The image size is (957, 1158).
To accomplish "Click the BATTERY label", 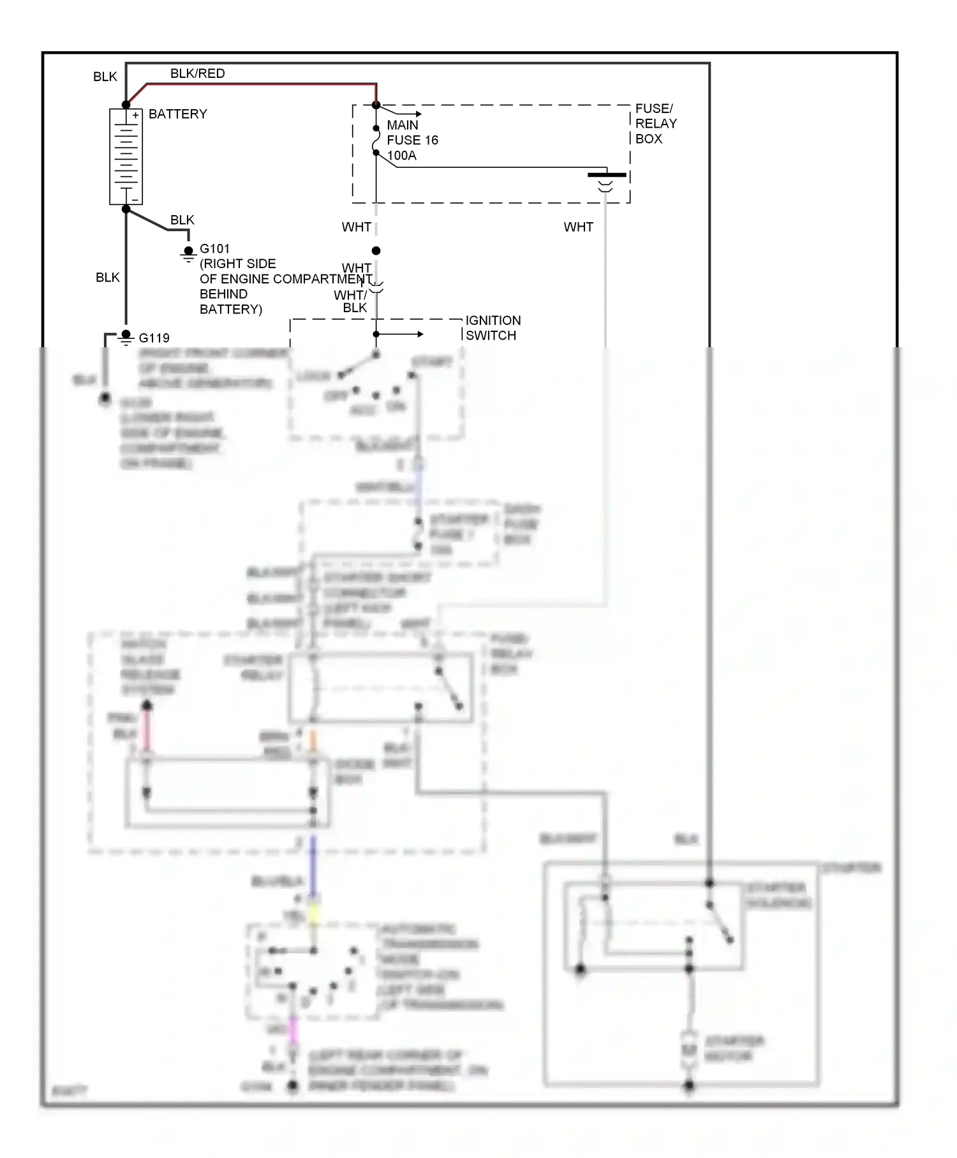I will coord(177,114).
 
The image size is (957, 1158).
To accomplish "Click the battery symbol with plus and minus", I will coord(126,157).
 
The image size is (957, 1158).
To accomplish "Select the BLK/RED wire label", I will coord(197,73).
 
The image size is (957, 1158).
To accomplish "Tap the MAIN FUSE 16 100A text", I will coord(412,140).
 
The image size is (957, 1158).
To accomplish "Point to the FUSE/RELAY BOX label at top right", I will coord(655,124).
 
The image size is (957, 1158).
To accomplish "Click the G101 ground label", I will coord(214,249).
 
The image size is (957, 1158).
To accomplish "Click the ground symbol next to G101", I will coord(188,255).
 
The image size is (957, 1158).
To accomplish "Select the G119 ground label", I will coord(154,338).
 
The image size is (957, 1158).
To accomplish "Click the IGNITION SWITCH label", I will coord(493,328).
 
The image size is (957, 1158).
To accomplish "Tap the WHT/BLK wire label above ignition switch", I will coord(351,301).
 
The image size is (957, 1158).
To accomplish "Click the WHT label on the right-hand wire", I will coord(578,227).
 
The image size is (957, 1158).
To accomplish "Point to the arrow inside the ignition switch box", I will coord(408,334).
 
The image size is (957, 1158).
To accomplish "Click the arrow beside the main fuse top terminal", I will coord(408,113).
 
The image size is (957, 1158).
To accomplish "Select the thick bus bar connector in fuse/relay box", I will coord(606,174).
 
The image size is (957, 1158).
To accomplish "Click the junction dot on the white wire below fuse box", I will coord(376,251).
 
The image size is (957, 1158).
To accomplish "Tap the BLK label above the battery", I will coord(105,77).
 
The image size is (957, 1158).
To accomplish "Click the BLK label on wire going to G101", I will coord(182,220).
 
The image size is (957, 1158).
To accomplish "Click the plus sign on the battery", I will coord(135,116).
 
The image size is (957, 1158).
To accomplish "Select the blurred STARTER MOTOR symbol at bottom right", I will coord(688,1049).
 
